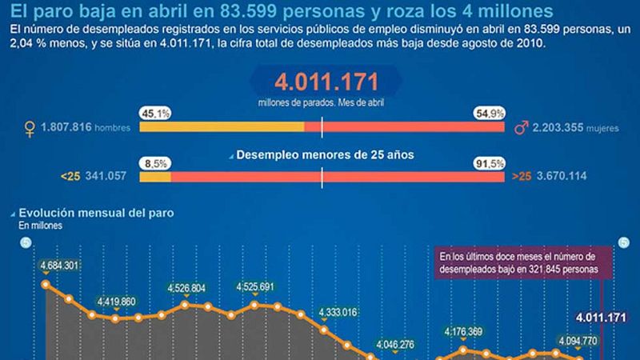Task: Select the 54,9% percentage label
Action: pyautogui.click(x=490, y=114)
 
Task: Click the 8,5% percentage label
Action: pyautogui.click(x=154, y=163)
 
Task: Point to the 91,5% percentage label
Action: pyautogui.click(x=490, y=163)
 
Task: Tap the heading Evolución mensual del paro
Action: pyautogui.click(x=96, y=214)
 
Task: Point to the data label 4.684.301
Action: pyautogui.click(x=58, y=266)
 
